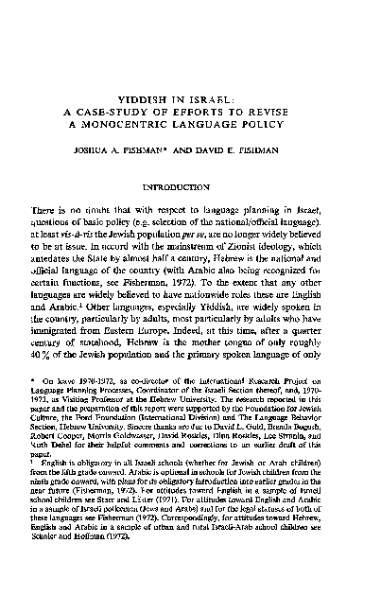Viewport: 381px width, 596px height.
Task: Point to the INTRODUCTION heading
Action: click(x=191, y=187)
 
